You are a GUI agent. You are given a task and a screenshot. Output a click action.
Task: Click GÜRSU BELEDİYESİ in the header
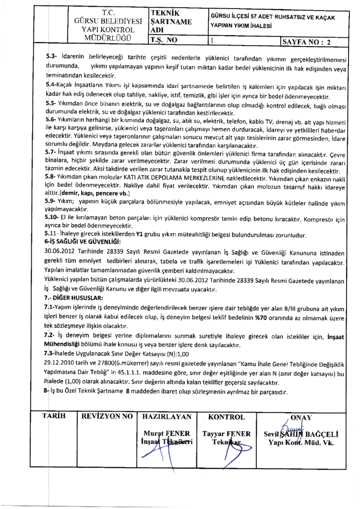pos(107,21)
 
